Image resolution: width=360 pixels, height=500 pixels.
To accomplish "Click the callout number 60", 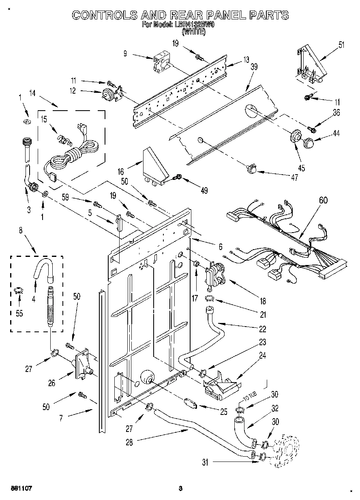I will click(323, 200).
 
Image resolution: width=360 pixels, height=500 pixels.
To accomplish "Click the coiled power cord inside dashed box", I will click(71, 156).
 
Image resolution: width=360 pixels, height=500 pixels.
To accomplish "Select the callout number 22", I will click(263, 329).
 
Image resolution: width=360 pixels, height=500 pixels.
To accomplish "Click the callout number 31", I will click(205, 462).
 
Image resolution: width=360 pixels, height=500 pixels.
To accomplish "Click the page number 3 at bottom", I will click(180, 489).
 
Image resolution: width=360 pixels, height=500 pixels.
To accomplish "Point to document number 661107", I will click(21, 489).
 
